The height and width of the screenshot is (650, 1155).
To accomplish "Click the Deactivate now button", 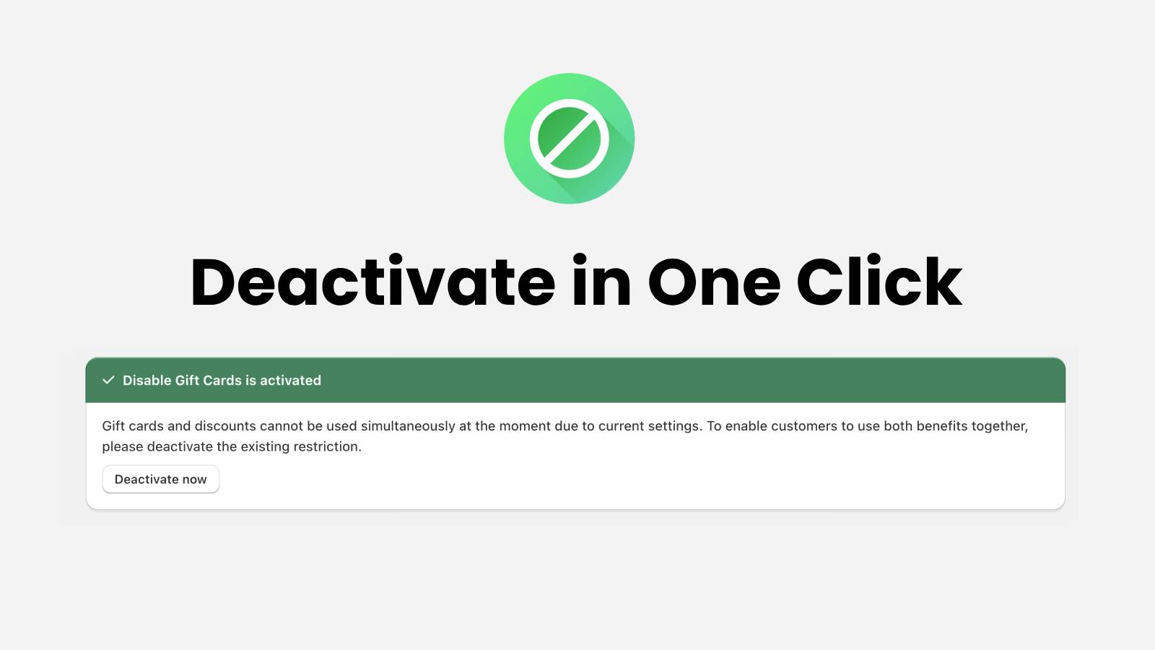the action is [x=160, y=480].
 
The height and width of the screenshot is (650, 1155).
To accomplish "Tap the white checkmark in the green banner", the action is [x=108, y=380].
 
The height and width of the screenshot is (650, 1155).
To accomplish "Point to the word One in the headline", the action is [x=714, y=282].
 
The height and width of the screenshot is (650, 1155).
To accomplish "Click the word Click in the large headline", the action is [x=879, y=281].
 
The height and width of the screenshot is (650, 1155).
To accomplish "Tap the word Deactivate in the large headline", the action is [x=372, y=281].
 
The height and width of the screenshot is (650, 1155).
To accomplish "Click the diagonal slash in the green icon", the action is [x=570, y=139].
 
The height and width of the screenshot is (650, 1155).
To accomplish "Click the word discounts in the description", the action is [x=225, y=426].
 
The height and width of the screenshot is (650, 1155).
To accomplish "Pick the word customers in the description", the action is [x=804, y=426].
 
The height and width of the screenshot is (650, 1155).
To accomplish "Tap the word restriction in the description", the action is [x=328, y=446].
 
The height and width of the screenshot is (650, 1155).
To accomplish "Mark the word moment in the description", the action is [x=525, y=426].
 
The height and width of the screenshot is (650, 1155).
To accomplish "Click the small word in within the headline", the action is [x=601, y=281].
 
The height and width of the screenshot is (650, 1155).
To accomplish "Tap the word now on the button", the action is [x=194, y=480].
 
